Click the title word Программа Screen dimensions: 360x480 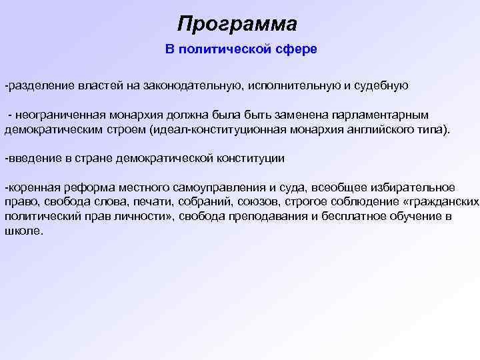click(x=237, y=25)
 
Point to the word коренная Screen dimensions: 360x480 click(x=31, y=188)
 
